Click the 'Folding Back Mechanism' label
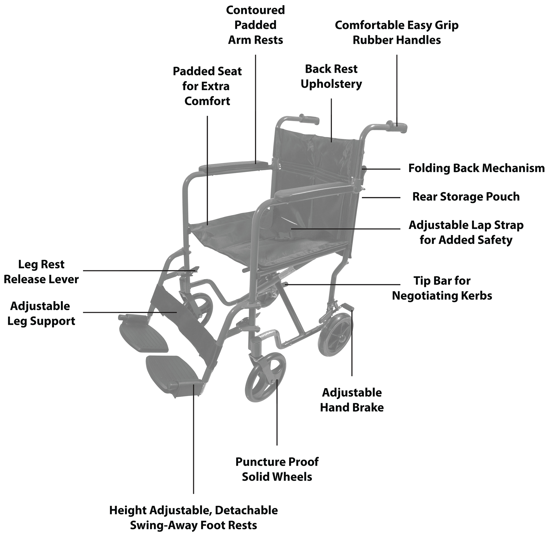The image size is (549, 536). pos(476,168)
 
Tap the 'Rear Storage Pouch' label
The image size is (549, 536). pos(466,197)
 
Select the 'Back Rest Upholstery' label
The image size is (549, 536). pos(331,77)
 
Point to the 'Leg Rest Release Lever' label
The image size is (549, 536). pos(41,272)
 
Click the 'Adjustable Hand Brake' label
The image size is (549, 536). pos(352,400)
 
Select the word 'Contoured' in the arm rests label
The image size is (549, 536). pos(255,10)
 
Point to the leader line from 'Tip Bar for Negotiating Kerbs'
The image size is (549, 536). pos(343,285)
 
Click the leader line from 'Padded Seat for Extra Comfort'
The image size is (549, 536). pos(207,169)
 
